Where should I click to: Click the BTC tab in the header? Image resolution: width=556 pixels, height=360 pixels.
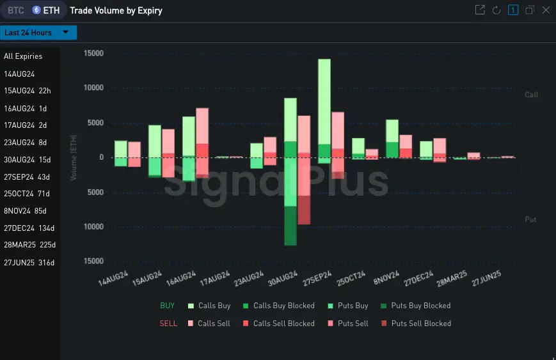click(x=16, y=10)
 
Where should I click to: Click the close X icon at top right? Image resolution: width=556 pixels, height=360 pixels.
click(x=546, y=10)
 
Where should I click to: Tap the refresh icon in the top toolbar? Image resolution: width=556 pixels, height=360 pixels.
click(x=496, y=10)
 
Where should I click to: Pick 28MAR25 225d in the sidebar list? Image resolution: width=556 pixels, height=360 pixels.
click(x=29, y=245)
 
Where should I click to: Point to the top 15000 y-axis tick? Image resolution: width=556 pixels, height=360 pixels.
click(x=93, y=53)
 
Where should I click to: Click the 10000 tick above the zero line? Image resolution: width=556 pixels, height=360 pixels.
click(x=93, y=88)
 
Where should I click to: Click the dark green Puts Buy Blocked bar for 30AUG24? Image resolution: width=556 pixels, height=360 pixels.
click(x=290, y=226)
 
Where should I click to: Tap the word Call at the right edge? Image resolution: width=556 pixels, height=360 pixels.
click(x=531, y=95)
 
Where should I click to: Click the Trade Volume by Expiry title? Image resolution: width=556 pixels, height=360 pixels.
click(x=116, y=10)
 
